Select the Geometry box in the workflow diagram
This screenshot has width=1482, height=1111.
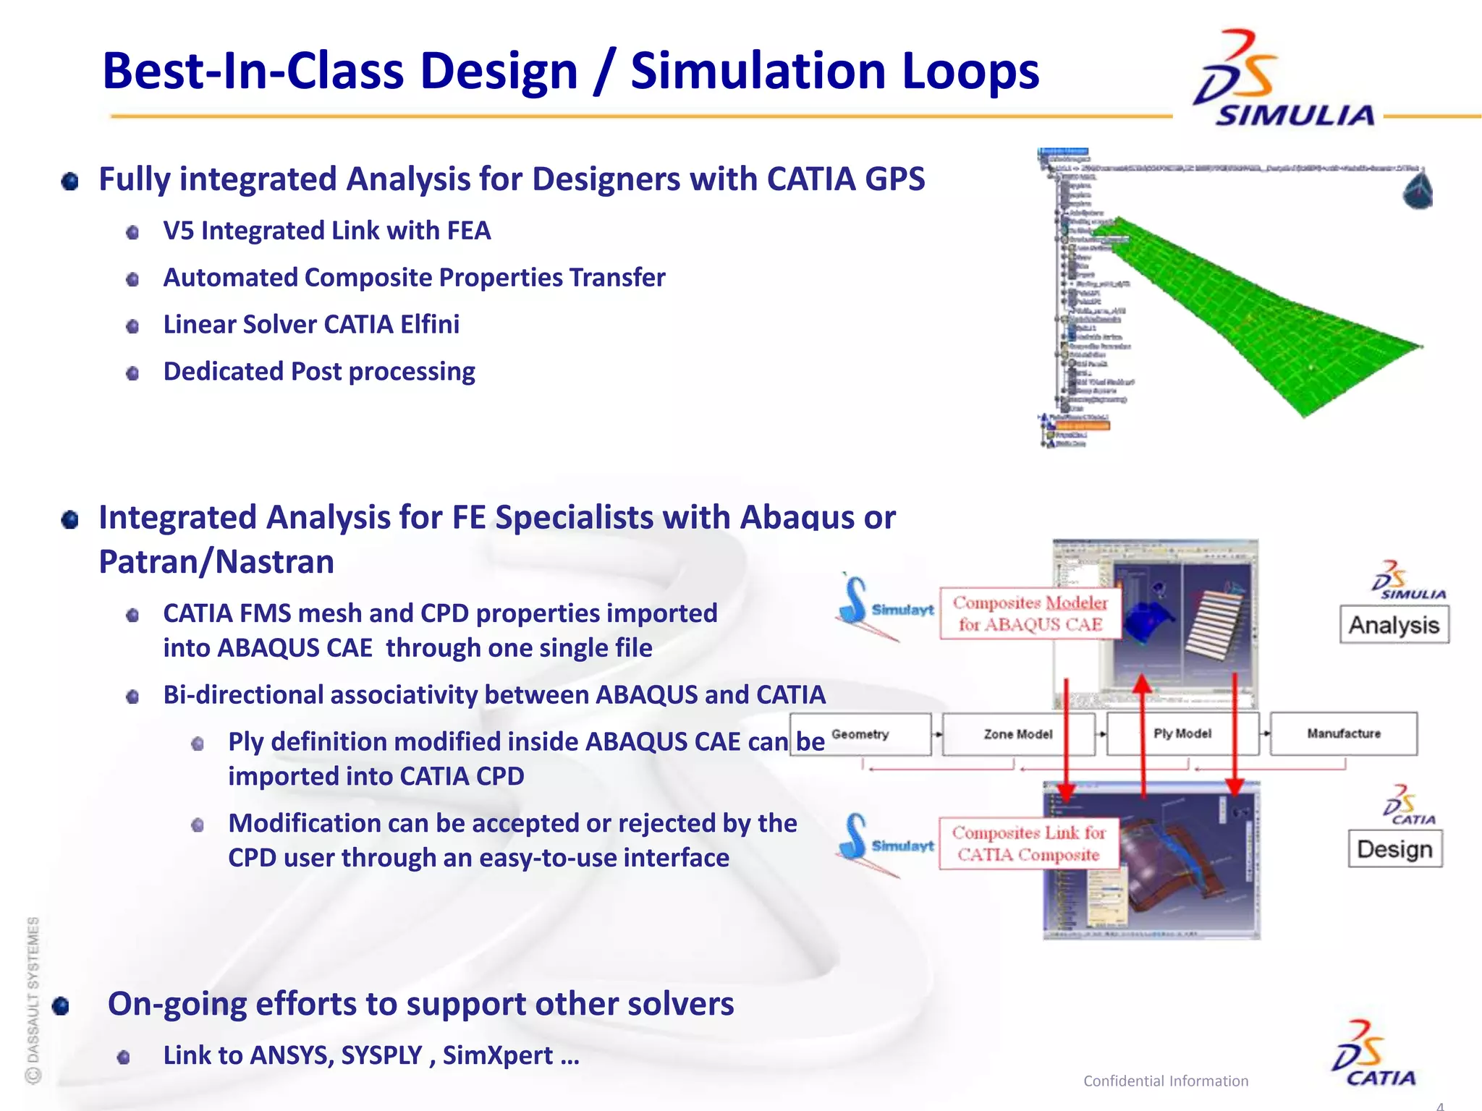click(x=860, y=734)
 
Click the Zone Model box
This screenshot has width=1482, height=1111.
click(x=1017, y=734)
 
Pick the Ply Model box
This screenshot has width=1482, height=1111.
click(x=1182, y=733)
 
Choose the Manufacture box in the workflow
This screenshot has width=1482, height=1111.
click(x=1343, y=733)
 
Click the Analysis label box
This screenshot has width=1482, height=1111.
click(x=1394, y=625)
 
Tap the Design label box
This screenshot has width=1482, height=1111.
click(x=1394, y=849)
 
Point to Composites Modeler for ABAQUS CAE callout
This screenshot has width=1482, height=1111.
click(x=1030, y=613)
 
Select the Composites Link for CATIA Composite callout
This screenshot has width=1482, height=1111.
click(x=1028, y=843)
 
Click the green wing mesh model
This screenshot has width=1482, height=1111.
click(x=1259, y=318)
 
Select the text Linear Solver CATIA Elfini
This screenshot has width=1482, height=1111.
click(x=311, y=325)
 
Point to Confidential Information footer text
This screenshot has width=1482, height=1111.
click(x=1165, y=1081)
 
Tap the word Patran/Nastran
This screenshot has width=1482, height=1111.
click(x=216, y=562)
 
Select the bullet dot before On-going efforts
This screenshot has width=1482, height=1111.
click(x=61, y=1006)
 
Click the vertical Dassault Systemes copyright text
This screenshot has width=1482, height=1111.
click(x=33, y=998)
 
